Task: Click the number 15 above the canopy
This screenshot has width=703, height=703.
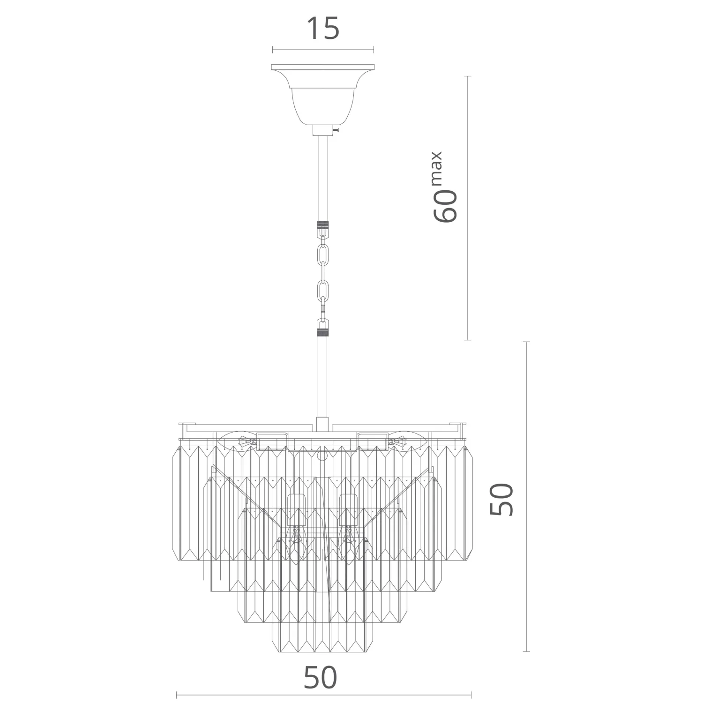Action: (322, 29)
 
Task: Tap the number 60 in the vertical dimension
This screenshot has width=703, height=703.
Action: (445, 206)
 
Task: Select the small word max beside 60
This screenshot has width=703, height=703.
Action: (436, 168)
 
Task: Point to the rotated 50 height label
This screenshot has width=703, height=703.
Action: (501, 499)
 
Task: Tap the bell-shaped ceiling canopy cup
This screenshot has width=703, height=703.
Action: (323, 98)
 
